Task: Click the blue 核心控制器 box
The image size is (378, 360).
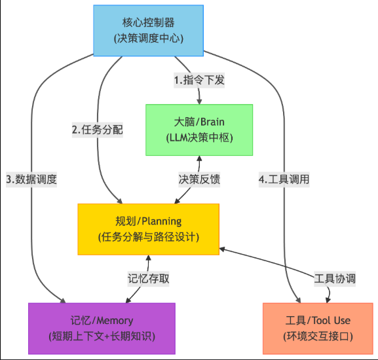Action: click(x=148, y=31)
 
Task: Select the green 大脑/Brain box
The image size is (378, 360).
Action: click(x=199, y=130)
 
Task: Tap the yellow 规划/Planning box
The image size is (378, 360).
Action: click(x=148, y=229)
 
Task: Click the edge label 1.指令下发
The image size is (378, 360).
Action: click(x=199, y=81)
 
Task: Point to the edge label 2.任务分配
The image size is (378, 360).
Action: click(x=98, y=129)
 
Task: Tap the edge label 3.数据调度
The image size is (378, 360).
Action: click(x=31, y=179)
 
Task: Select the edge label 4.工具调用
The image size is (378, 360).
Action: click(x=284, y=179)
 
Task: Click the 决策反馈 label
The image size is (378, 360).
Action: click(x=199, y=179)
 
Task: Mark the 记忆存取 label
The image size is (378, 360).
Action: click(x=148, y=278)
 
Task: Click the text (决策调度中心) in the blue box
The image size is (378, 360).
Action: click(x=148, y=39)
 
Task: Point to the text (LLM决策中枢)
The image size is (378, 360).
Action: click(x=199, y=137)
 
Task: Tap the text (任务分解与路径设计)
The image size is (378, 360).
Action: click(x=148, y=237)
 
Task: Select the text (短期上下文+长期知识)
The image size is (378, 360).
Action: click(x=102, y=336)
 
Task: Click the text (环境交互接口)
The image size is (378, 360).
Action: click(x=318, y=336)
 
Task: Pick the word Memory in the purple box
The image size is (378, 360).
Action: click(x=114, y=321)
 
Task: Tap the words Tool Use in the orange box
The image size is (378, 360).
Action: click(x=331, y=321)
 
